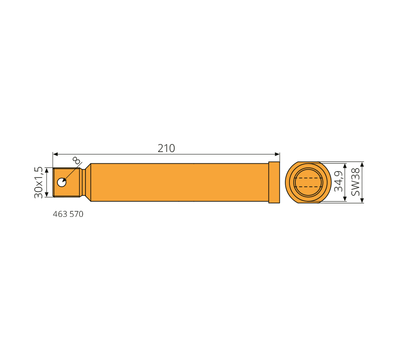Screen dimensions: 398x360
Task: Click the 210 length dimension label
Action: [166, 148]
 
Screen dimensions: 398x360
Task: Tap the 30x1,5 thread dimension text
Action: [39, 183]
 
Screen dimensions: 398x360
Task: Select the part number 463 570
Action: [68, 214]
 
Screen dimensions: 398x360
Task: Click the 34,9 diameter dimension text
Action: [339, 181]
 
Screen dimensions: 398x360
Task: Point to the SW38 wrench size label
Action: [355, 182]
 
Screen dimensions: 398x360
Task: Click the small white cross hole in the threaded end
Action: [62, 182]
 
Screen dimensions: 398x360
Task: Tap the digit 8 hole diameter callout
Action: [76, 160]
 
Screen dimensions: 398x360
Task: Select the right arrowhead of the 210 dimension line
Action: [277, 154]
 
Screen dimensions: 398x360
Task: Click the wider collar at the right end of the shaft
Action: [274, 183]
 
